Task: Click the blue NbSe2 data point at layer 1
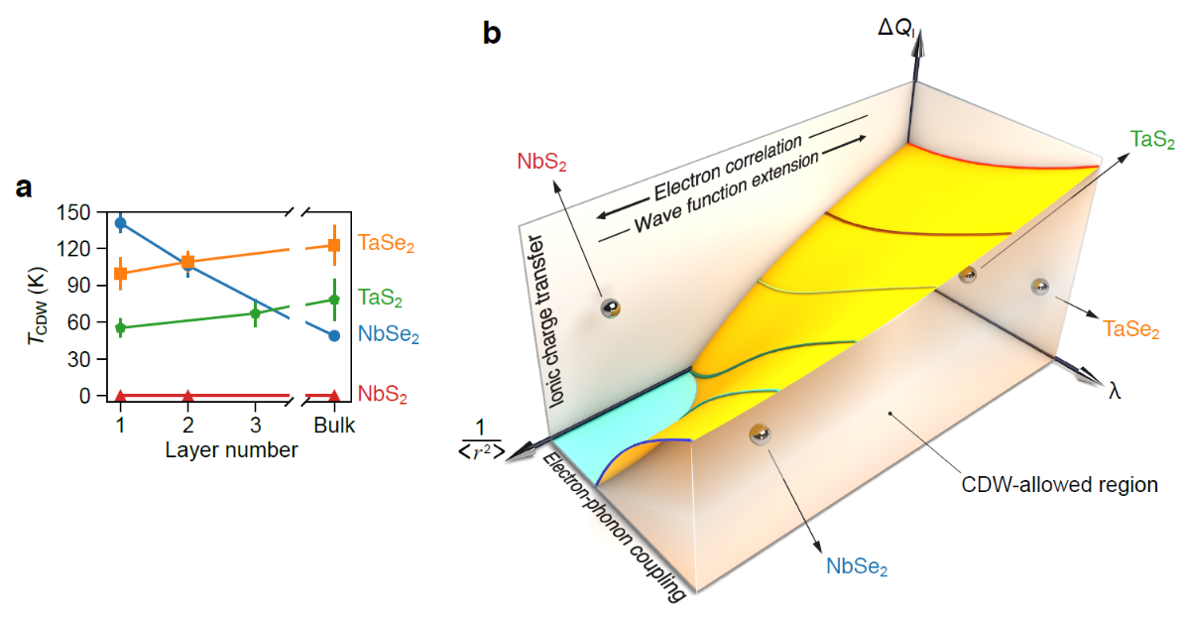pyautogui.click(x=120, y=223)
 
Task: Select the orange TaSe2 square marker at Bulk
pyautogui.click(x=334, y=246)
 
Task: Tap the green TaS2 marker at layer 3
pyautogui.click(x=255, y=313)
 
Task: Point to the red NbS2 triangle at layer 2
pyautogui.click(x=187, y=396)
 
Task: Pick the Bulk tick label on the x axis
pyautogui.click(x=334, y=425)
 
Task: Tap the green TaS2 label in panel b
pyautogui.click(x=1153, y=141)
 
